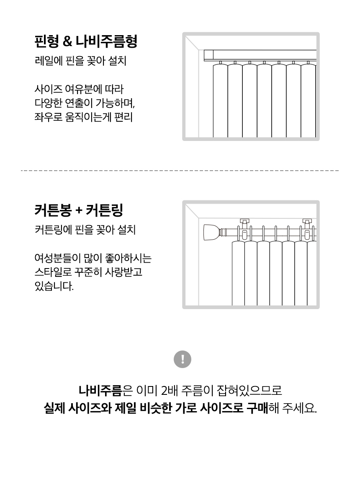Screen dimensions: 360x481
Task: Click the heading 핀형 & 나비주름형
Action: pos(86,41)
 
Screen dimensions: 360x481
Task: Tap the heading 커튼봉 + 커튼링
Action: pos(79,210)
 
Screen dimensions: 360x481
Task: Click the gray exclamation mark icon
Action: pos(182,359)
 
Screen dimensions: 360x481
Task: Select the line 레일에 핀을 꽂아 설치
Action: pos(80,61)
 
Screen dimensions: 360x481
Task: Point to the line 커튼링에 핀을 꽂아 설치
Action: pos(85,230)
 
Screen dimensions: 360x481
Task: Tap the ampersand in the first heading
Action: pos(67,41)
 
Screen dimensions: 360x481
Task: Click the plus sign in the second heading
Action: pos(79,211)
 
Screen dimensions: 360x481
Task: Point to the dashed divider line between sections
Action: pos(180,171)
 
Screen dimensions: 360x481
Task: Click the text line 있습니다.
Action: pos(54,286)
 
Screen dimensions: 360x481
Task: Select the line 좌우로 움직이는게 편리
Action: pos(83,117)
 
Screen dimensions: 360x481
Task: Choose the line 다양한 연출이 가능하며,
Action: pos(85,103)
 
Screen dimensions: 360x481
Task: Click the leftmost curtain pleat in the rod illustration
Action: pos(238,273)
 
